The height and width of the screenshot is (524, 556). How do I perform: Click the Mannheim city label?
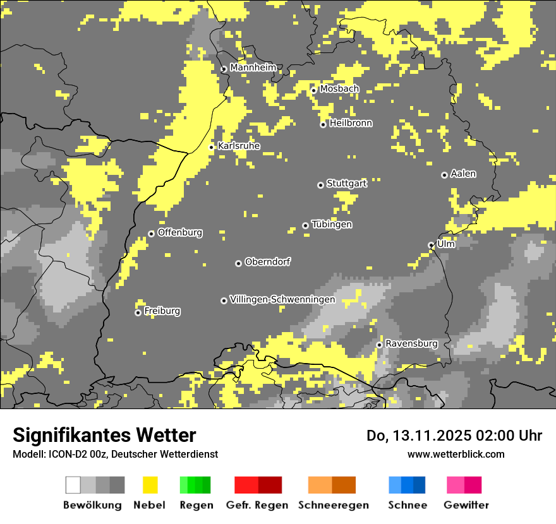pyautogui.click(x=253, y=68)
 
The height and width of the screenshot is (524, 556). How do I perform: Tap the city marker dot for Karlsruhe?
pyautogui.click(x=212, y=147)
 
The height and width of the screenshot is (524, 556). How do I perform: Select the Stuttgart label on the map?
pyautogui.click(x=347, y=184)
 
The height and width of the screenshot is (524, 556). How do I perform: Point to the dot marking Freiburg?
pyautogui.click(x=138, y=313)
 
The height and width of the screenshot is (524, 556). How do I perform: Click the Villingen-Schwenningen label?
pyautogui.click(x=282, y=300)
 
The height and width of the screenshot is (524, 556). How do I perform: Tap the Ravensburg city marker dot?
pyautogui.click(x=379, y=345)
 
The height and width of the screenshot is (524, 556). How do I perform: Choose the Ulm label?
pyautogui.click(x=446, y=244)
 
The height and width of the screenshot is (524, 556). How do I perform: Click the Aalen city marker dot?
pyautogui.click(x=444, y=175)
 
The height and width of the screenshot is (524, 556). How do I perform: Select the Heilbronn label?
pyautogui.click(x=351, y=123)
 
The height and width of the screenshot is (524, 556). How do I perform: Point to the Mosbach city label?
pyautogui.click(x=339, y=89)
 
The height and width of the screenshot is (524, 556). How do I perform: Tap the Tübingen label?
pyautogui.click(x=332, y=225)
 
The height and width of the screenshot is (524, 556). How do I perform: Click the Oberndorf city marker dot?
pyautogui.click(x=238, y=263)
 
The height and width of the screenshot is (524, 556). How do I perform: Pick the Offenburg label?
pyautogui.click(x=180, y=232)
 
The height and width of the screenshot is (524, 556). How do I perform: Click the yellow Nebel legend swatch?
pyautogui.click(x=150, y=485)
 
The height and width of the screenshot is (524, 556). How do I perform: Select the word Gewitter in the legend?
pyautogui.click(x=466, y=505)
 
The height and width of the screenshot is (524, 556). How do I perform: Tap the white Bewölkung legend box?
pyautogui.click(x=73, y=485)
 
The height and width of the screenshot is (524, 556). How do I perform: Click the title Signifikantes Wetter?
pyautogui.click(x=104, y=436)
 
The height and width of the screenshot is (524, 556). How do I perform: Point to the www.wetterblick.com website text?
pyautogui.click(x=456, y=454)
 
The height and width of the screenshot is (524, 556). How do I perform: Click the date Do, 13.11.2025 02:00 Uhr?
pyautogui.click(x=454, y=436)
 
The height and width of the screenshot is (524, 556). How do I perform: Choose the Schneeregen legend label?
pyautogui.click(x=333, y=505)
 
